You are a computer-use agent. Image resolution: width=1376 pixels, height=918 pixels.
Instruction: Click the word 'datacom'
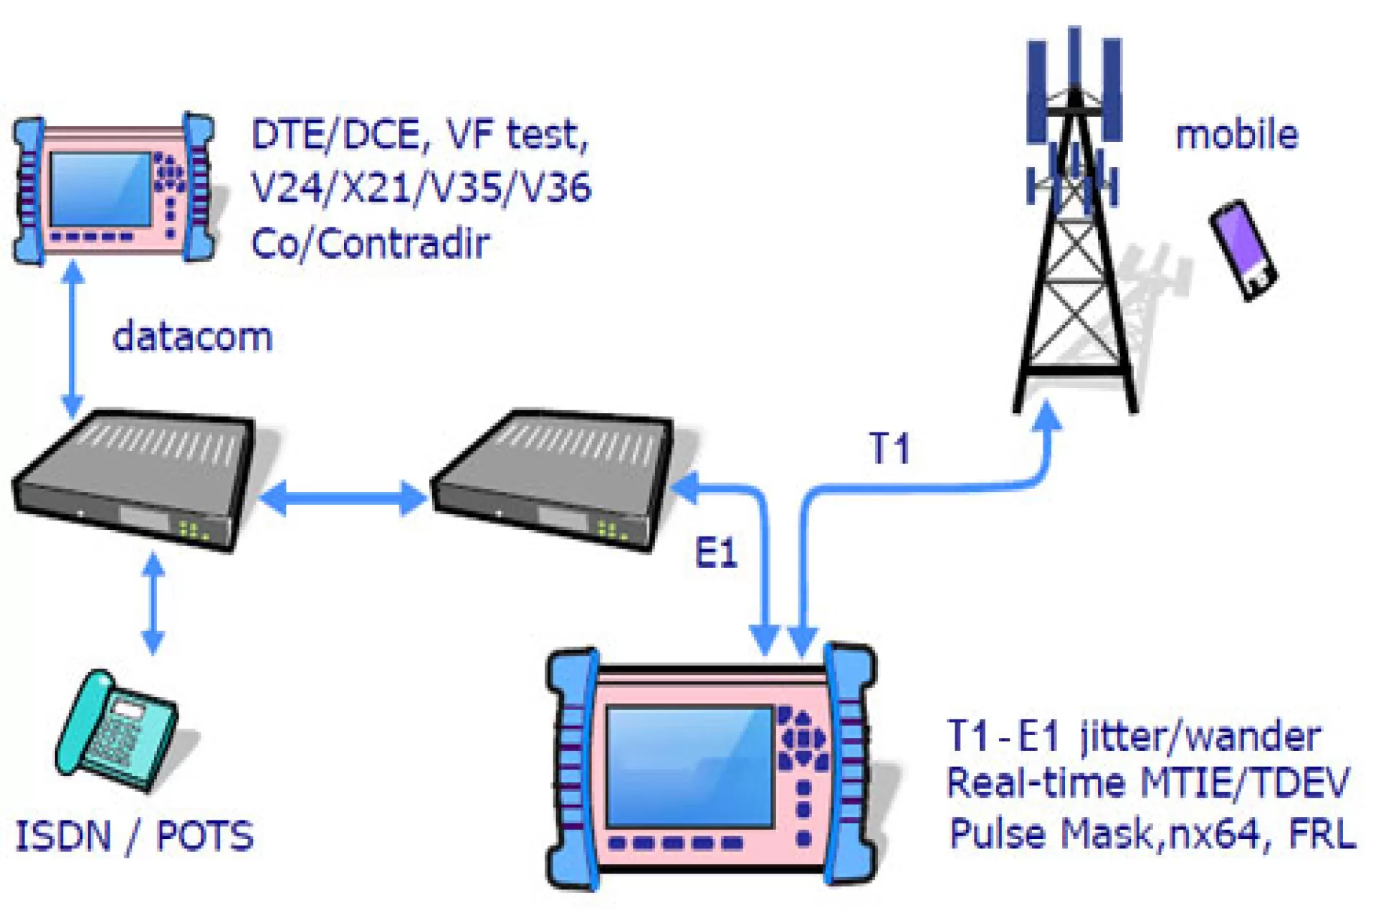click(193, 336)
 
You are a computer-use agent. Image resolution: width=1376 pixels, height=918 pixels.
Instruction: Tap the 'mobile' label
click(1237, 135)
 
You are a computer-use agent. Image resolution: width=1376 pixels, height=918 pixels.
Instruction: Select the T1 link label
click(889, 448)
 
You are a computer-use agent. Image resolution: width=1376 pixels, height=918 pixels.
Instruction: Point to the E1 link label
click(716, 553)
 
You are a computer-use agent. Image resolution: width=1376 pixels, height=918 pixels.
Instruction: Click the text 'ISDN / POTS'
click(135, 836)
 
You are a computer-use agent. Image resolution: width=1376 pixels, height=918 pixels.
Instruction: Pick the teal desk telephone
click(119, 732)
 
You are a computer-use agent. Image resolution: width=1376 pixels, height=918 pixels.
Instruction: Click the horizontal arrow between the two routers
click(343, 498)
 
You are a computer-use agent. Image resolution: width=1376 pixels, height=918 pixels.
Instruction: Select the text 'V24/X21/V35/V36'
click(421, 188)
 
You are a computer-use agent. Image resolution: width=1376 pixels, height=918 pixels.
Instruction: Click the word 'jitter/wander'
click(1200, 737)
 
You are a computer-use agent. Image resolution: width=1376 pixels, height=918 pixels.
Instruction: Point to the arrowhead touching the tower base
click(1048, 416)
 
